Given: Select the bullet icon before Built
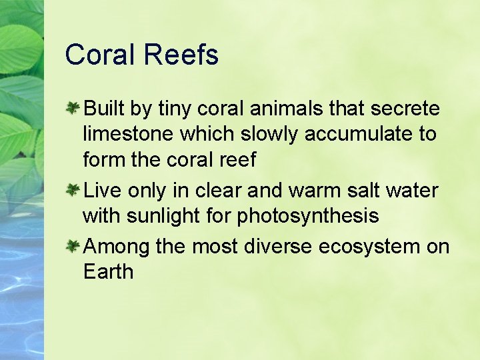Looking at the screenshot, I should point(73,107).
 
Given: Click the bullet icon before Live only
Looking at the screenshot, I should point(73,191).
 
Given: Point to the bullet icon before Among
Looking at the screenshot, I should point(73,247).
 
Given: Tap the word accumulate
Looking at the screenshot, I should point(361,135).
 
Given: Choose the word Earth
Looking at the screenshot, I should point(108,272).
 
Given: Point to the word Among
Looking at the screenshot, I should point(117,247).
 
